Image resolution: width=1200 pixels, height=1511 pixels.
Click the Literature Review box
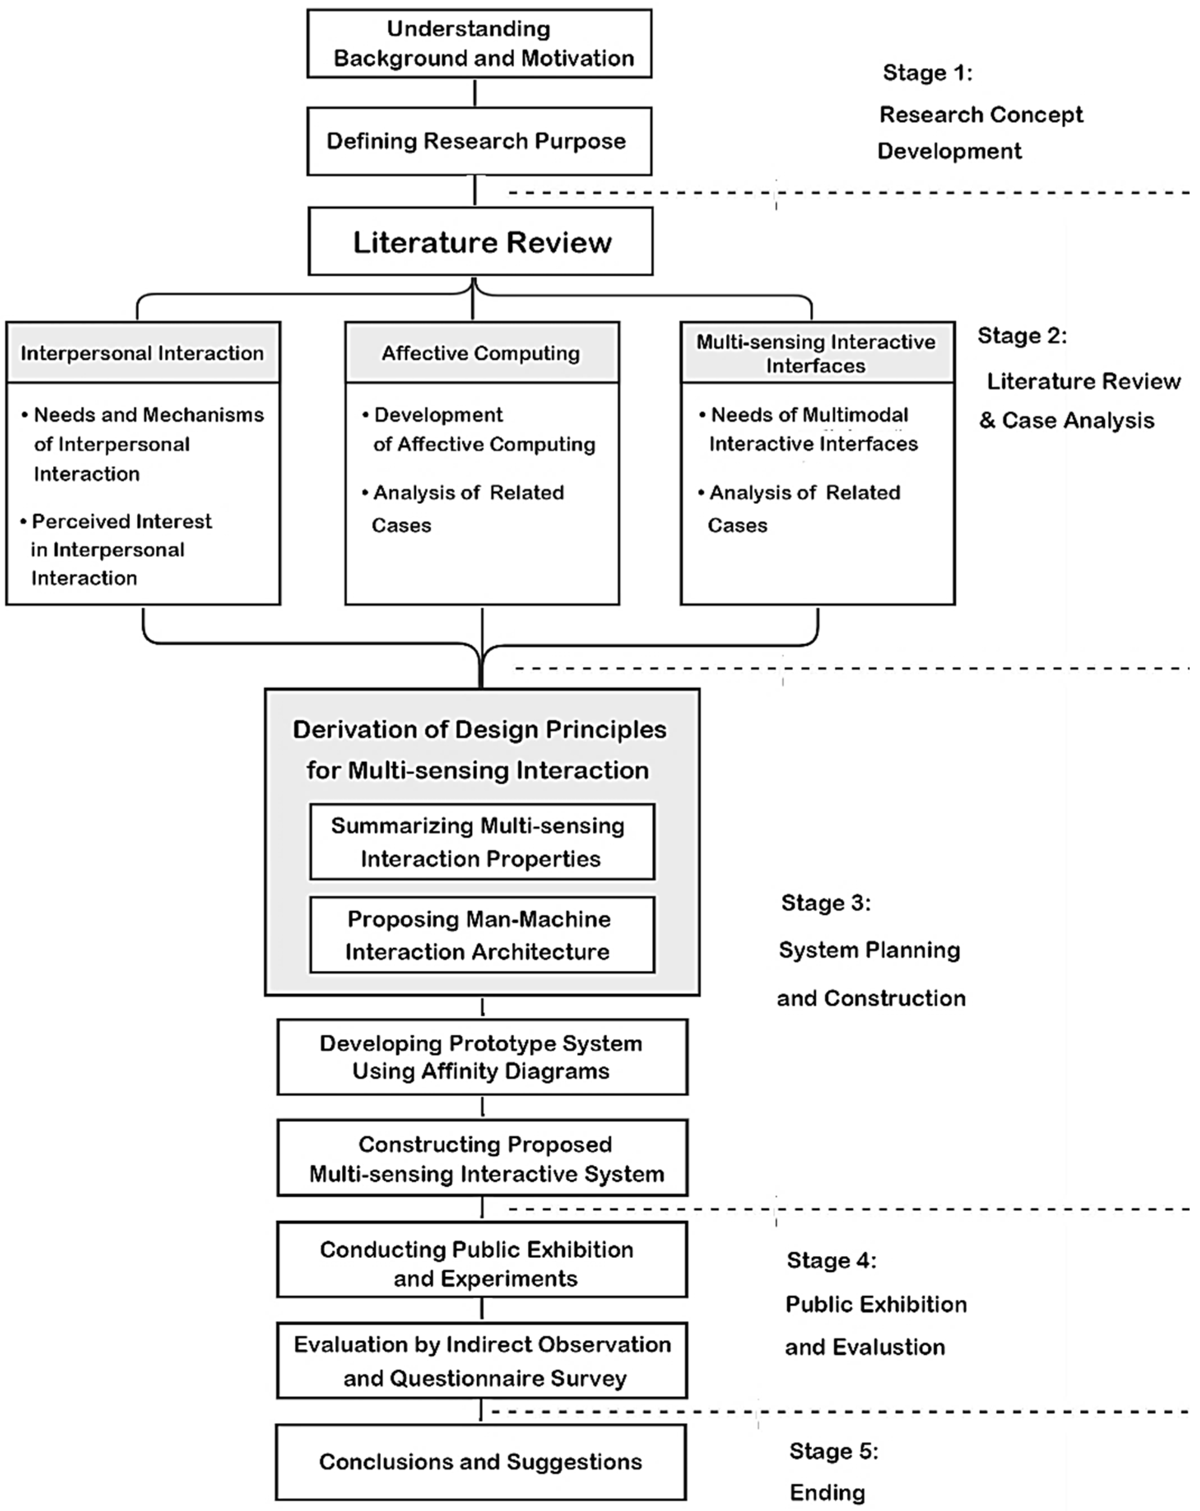(480, 242)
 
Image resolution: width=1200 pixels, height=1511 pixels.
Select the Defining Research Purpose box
(479, 141)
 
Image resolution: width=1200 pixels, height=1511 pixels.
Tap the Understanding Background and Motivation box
(479, 44)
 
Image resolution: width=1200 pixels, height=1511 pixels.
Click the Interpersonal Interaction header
(143, 352)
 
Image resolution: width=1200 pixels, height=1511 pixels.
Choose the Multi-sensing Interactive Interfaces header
(817, 353)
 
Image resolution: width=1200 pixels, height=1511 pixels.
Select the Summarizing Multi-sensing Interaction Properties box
(482, 842)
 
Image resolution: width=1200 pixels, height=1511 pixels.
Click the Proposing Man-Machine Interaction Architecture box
(482, 935)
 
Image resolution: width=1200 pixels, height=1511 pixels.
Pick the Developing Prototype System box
(482, 1057)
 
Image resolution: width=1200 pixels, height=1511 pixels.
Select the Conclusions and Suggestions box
(480, 1461)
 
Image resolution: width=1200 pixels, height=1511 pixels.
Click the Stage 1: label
(927, 72)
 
